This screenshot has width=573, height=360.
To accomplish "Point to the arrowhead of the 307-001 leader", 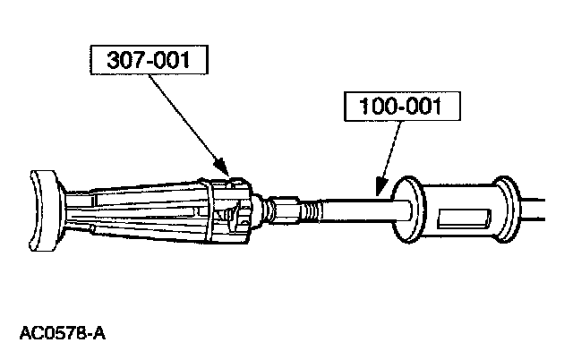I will pyautogui.click(x=219, y=168).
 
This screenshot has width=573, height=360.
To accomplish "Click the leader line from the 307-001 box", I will pyautogui.click(x=184, y=117).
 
